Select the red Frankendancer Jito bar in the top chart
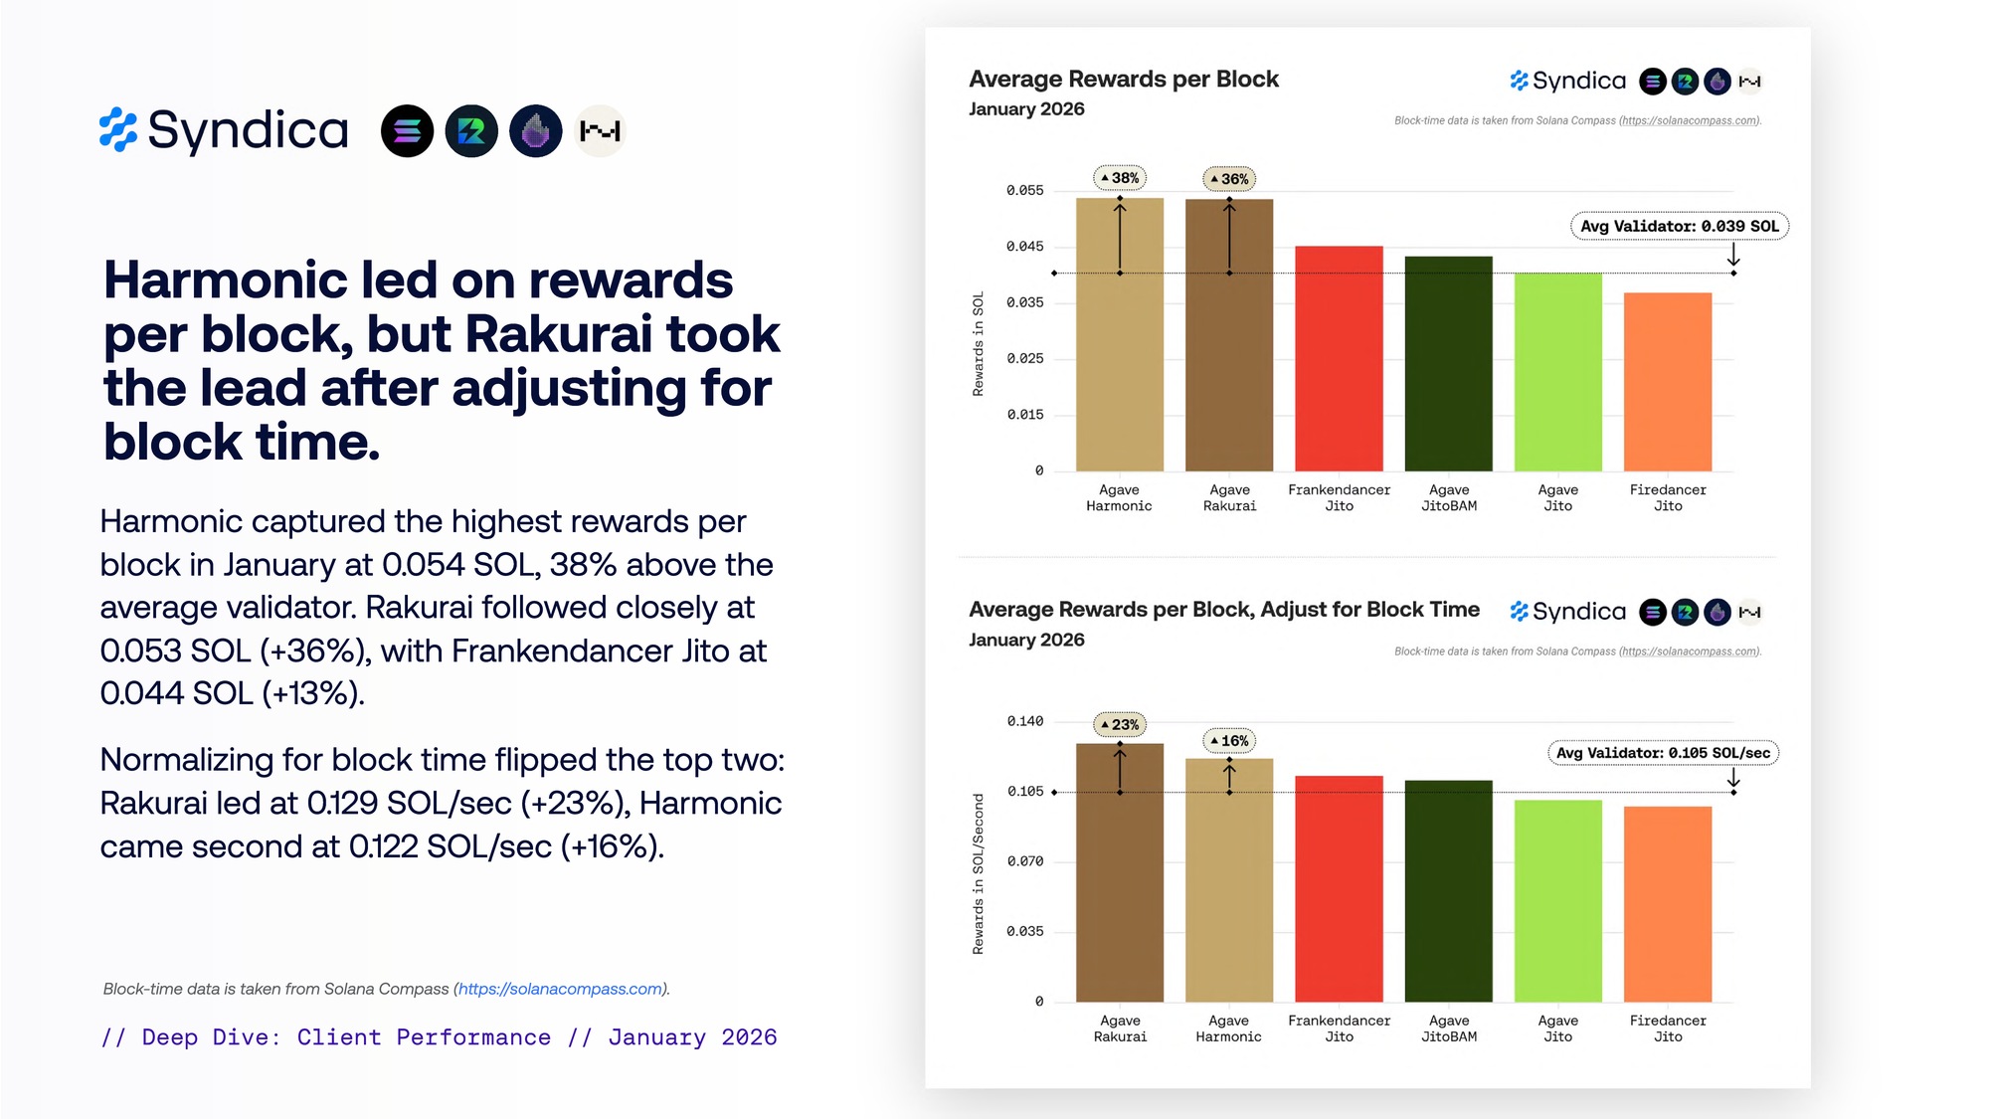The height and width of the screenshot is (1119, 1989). tap(1339, 358)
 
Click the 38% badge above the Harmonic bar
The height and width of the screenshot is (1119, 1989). tap(1120, 178)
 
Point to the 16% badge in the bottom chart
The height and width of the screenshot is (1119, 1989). tap(1229, 741)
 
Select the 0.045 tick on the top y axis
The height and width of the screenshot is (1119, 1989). tap(1024, 247)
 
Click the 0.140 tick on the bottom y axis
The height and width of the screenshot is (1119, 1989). tap(1024, 721)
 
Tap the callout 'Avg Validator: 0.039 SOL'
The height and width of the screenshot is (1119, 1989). tap(1679, 227)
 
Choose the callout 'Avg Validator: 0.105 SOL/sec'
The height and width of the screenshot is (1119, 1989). tap(1663, 753)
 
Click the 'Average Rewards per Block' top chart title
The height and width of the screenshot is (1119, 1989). tap(1123, 80)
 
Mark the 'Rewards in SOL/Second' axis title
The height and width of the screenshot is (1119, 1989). tap(979, 873)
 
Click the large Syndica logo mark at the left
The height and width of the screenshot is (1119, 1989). tap(118, 130)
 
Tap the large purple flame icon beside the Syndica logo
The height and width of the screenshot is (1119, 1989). tap(535, 131)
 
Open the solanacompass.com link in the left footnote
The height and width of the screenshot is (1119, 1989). tap(560, 989)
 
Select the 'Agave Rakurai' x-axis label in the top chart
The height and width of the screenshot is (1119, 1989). tap(1229, 497)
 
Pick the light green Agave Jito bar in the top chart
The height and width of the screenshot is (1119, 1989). tap(1557, 372)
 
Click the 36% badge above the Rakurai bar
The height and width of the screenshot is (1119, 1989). tap(1229, 179)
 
